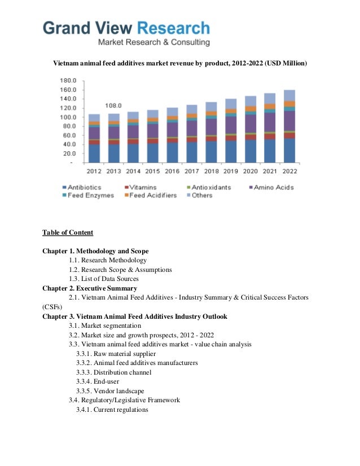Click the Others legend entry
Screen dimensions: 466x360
pos(200,195)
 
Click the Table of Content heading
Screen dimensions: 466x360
pos(68,232)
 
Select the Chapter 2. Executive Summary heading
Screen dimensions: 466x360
pos(90,288)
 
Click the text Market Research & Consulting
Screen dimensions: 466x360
pos(154,42)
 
